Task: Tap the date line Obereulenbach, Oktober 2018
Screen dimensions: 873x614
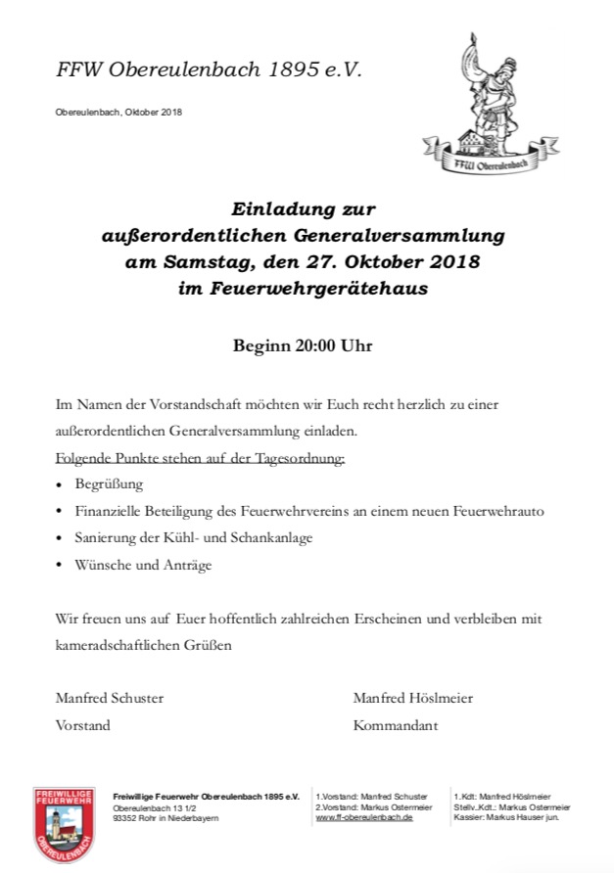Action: pos(118,112)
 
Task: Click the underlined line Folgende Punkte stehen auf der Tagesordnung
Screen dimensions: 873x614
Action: pos(200,458)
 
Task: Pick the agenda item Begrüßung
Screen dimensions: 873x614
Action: pos(110,484)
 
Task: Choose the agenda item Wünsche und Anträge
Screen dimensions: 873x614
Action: pos(143,565)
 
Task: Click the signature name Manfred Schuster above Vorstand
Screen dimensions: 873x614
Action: pos(110,698)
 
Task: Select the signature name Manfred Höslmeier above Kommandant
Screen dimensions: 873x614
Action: pos(412,698)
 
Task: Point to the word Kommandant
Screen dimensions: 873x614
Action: pos(397,725)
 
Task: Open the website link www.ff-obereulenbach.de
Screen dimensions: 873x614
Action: pos(364,816)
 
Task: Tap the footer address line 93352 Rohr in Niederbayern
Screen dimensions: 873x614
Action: pos(165,817)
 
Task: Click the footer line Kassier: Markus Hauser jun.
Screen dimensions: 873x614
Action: pos(506,816)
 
